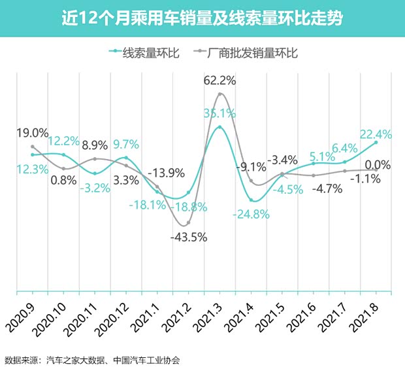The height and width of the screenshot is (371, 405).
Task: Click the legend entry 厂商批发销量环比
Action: pos(246,53)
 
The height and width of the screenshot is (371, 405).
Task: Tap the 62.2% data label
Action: pos(219,81)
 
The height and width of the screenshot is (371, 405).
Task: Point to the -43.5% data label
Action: pos(188,238)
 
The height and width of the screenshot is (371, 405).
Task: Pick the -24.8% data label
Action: pos(251,213)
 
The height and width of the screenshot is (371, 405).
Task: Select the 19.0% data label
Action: pos(32,133)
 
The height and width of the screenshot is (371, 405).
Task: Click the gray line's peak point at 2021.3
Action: pos(220,94)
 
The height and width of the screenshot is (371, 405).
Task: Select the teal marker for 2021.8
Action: pos(376,143)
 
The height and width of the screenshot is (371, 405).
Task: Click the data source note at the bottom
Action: pos(92,360)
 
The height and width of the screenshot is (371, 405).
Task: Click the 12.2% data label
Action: pos(63,141)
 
